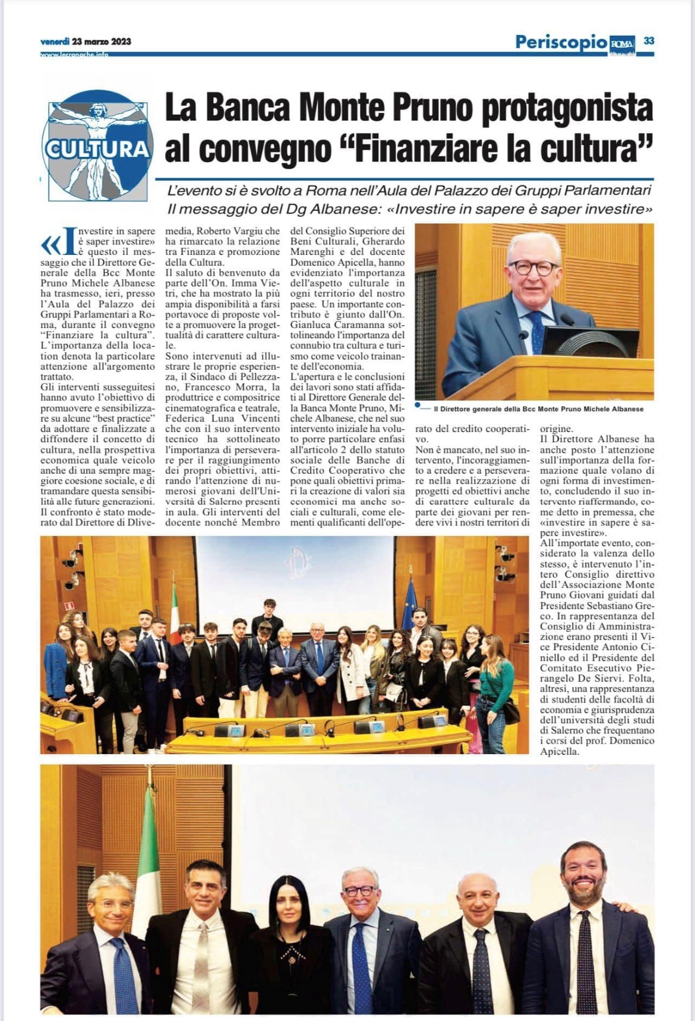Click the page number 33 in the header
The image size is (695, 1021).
(x=649, y=40)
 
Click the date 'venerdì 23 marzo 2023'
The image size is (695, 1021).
(x=86, y=42)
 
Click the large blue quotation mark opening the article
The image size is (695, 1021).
(x=50, y=243)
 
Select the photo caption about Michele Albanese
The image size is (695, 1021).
(x=538, y=409)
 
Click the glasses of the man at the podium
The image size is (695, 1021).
(x=533, y=267)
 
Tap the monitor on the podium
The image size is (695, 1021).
(x=590, y=342)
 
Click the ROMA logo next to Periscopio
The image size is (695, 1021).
(x=622, y=43)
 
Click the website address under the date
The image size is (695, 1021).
(x=74, y=55)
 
